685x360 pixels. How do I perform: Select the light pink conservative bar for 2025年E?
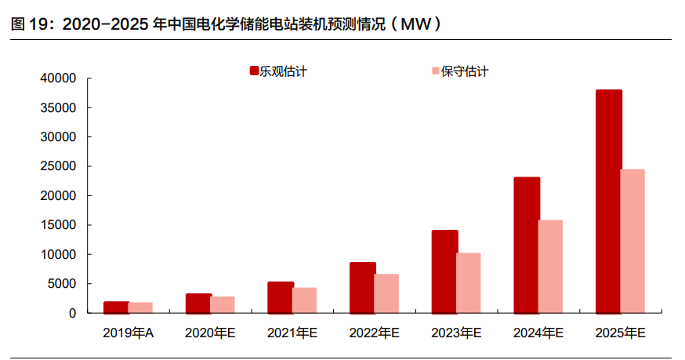[633, 241]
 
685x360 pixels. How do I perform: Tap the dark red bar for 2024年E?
[526, 245]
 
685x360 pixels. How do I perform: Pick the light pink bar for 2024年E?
[551, 266]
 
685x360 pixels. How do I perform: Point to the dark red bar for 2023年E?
[444, 271]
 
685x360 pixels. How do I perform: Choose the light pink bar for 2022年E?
[386, 293]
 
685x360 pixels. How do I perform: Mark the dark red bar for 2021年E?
[281, 297]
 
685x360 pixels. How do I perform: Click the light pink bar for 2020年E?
[223, 304]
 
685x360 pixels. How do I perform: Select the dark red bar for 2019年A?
[115, 307]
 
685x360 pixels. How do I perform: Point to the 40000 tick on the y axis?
[60, 78]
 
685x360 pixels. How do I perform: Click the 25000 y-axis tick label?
[60, 166]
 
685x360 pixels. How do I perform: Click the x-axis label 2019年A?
[128, 333]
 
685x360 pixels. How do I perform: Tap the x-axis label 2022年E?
[374, 333]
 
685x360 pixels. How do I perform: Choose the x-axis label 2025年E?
[620, 333]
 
